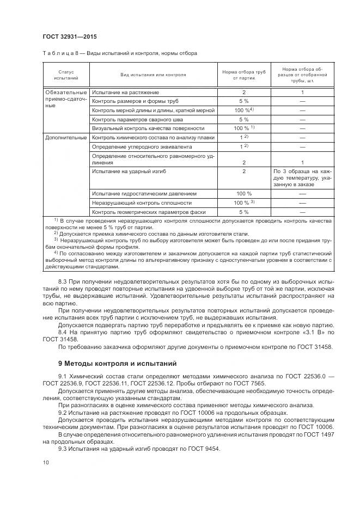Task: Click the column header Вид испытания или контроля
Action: click(x=153, y=75)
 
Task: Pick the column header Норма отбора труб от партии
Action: click(x=244, y=75)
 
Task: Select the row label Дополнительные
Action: click(x=66, y=138)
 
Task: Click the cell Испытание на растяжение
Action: click(x=125, y=93)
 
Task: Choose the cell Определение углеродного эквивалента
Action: click(x=134, y=147)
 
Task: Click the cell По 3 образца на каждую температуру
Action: click(x=302, y=177)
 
